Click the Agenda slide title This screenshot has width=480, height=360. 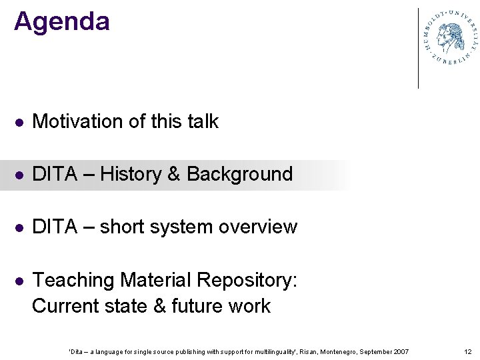[x=61, y=21]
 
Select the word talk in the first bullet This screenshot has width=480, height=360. [x=203, y=121]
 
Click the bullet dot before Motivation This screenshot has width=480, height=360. [x=20, y=123]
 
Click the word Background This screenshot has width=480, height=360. [x=239, y=174]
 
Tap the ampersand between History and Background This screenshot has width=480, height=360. [x=174, y=174]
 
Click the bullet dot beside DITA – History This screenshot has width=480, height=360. [x=20, y=175]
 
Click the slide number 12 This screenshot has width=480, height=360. [x=467, y=351]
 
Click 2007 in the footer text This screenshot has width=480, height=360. [x=402, y=351]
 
